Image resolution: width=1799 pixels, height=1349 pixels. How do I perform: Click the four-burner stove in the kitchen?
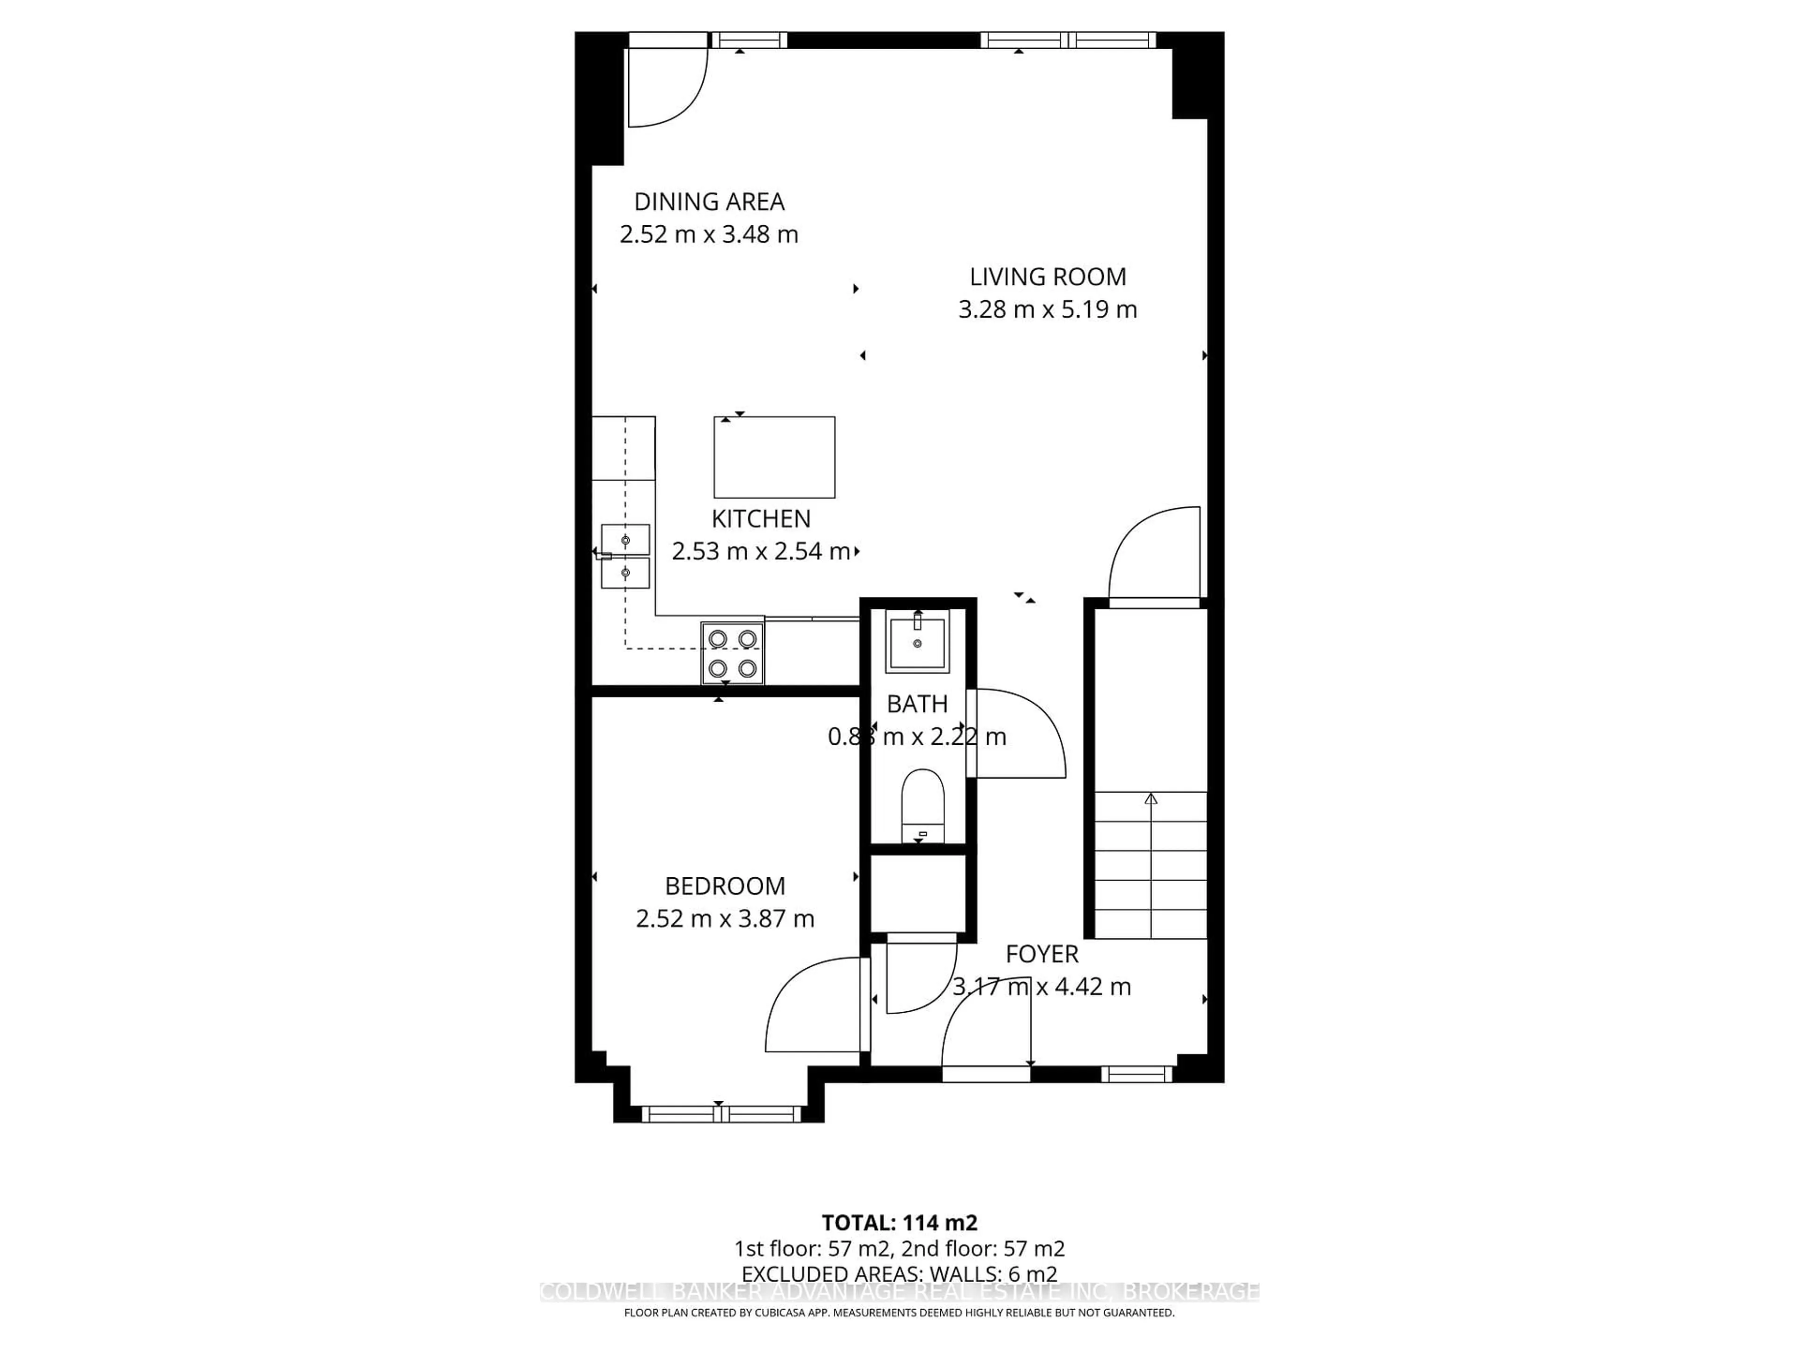click(732, 653)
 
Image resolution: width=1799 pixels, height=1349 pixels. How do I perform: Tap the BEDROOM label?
click(725, 885)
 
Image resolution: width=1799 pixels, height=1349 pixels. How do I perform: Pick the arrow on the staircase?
click(1150, 800)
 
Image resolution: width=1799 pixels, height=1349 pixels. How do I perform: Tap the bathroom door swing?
click(1025, 732)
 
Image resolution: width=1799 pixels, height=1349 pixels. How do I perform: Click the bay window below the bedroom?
click(721, 1114)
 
